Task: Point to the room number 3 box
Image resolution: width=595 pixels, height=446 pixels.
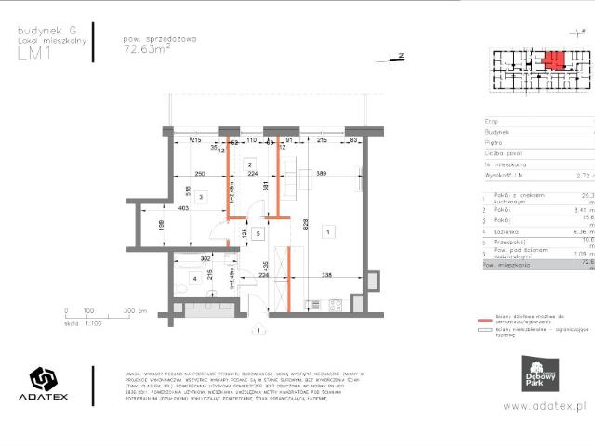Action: pos(199,198)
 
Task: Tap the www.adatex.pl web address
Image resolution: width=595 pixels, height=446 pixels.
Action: pos(548,406)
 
